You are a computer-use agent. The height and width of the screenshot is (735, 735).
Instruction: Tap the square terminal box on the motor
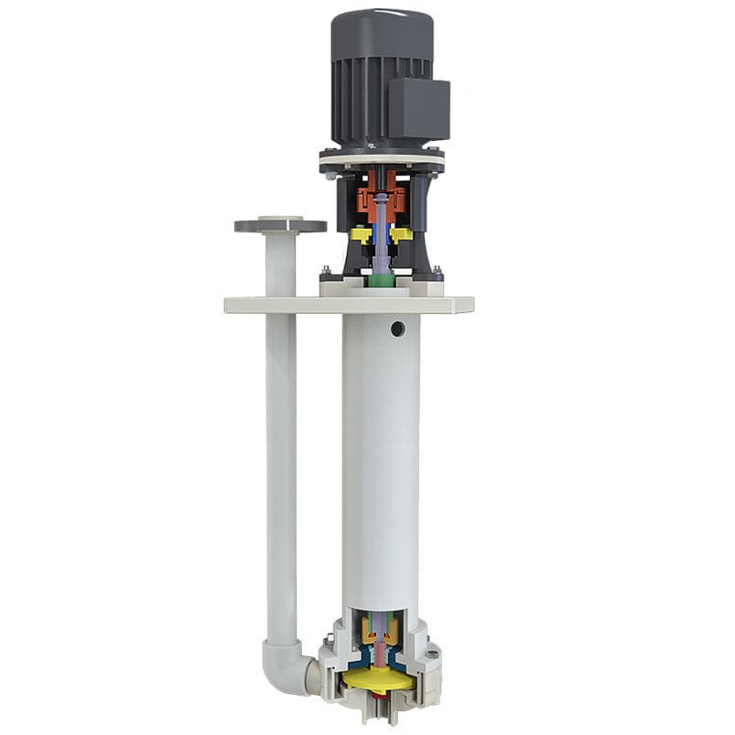pos(419,109)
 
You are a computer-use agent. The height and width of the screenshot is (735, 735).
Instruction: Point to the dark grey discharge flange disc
pos(280,225)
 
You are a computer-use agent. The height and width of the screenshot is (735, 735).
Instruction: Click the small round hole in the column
pos(397,328)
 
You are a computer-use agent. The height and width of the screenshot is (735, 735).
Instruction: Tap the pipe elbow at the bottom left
pos(287,663)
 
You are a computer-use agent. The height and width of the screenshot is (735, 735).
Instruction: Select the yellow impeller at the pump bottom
pos(377,681)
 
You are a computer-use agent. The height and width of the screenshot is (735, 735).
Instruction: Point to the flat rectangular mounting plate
pos(348,305)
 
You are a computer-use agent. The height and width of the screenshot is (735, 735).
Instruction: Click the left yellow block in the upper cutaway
pos(361,235)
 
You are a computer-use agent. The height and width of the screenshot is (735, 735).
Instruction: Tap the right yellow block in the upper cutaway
pos(402,235)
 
